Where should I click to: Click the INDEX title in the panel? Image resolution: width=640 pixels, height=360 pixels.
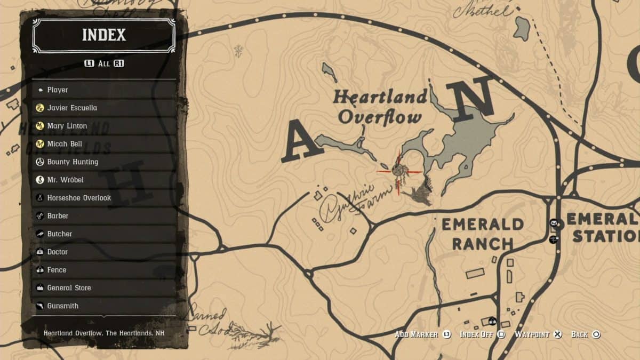(104, 35)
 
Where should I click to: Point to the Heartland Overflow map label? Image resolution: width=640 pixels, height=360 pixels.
(380, 107)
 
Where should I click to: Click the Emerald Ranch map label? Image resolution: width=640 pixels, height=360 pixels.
(482, 234)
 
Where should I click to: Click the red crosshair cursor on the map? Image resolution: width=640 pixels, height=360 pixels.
(398, 170)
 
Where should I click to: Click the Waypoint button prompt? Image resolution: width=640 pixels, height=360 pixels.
(538, 334)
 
